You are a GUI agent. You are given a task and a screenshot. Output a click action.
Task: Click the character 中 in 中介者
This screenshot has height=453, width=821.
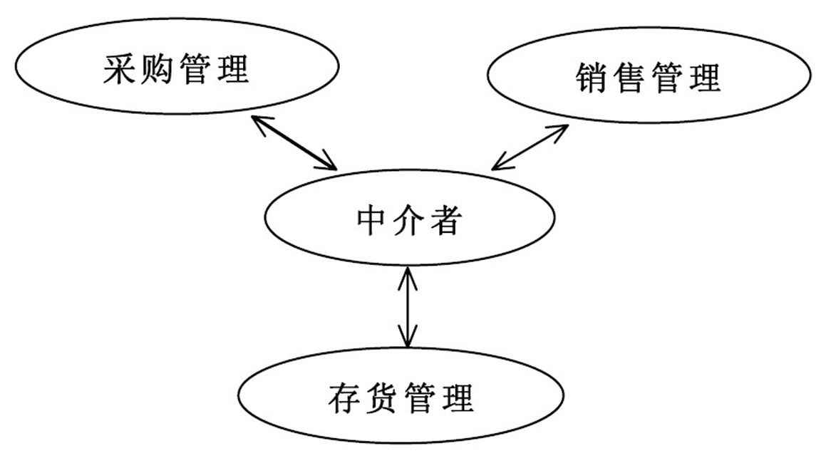coord(372,219)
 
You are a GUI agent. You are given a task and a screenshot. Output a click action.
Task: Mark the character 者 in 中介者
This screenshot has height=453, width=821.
coord(445,219)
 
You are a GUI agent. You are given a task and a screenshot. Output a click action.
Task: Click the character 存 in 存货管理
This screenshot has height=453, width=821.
coord(345,397)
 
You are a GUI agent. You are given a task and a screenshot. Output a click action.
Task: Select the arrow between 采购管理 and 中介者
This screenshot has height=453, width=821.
coord(294,142)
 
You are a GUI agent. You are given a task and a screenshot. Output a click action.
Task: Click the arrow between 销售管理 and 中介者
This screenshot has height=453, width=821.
coord(530,147)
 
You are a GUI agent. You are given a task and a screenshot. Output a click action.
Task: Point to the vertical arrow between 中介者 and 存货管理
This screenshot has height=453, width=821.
coord(408,307)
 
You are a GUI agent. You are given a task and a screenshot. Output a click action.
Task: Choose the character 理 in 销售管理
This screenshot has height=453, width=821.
coord(705,78)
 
